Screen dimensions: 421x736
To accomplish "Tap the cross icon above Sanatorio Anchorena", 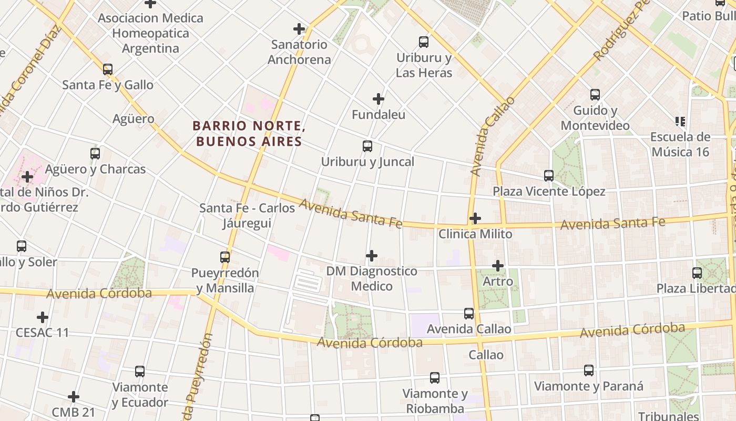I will coord(299,29).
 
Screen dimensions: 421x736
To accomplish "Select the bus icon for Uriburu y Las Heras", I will coord(423,42).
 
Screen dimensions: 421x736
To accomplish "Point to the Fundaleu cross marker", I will coord(378,99).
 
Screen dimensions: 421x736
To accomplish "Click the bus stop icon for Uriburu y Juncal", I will coord(367,146).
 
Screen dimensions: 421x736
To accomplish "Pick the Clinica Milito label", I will coord(475,234).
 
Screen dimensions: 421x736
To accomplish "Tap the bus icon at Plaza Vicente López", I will coord(548,176).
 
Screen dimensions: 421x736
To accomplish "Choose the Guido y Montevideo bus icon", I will coord(595,95).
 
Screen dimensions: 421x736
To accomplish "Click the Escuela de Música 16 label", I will coord(680,144).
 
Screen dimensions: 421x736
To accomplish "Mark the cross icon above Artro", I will coord(497,266).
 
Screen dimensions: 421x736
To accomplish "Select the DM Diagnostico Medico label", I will coord(372,278).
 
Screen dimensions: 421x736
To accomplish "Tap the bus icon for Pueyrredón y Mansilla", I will coord(224,257).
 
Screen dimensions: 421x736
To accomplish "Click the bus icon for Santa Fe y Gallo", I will coord(108,69).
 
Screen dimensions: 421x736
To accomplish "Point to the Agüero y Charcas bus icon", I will coord(95,154).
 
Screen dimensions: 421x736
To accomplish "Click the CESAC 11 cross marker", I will coord(43,317).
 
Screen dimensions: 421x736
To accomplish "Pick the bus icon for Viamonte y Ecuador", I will coord(139,372).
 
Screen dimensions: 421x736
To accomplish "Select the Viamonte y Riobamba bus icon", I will coord(434,378).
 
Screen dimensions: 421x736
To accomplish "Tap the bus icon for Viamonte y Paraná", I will coord(588,370).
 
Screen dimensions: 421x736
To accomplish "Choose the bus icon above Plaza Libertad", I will coord(697,273).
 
